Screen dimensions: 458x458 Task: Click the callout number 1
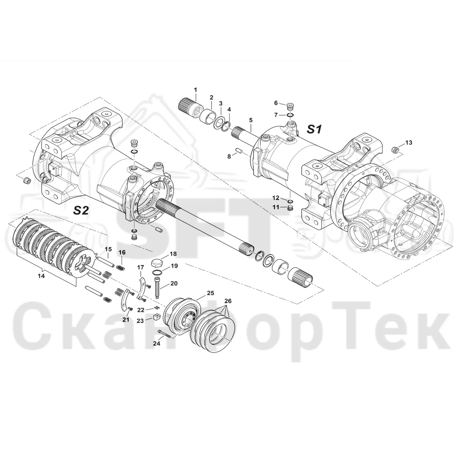(195, 90)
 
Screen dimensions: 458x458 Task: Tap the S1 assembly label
(314, 129)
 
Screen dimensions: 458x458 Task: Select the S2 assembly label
(81, 210)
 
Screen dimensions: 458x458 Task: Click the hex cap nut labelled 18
(157, 263)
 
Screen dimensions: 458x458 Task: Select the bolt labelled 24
(164, 333)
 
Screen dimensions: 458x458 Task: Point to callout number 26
(228, 301)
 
